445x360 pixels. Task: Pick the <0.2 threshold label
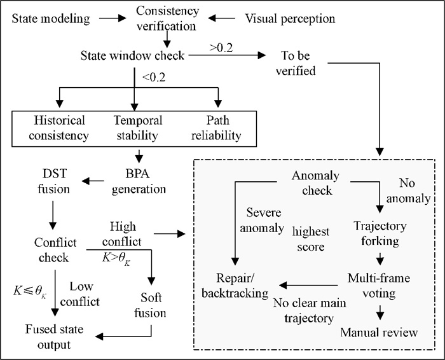pos(154,78)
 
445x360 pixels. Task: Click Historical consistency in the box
pos(59,127)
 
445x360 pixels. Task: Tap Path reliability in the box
pos(217,127)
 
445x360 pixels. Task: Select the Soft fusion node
pos(151,305)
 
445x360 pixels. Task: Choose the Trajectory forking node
pos(381,233)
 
